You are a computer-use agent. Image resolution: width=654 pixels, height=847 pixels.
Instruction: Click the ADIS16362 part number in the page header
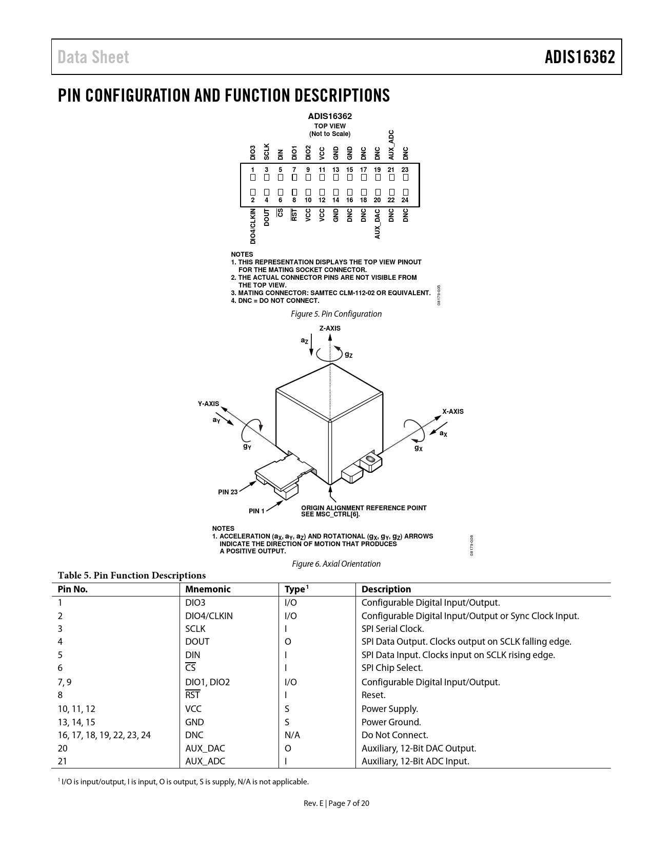[580, 57]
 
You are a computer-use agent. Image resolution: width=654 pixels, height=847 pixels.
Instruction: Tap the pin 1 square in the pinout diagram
[253, 178]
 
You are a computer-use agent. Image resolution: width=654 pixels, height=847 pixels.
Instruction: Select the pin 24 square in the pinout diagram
[405, 192]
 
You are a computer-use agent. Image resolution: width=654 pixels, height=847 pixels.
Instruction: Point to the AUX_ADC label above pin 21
[391, 145]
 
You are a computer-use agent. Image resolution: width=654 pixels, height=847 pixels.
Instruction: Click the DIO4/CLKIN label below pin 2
[253, 226]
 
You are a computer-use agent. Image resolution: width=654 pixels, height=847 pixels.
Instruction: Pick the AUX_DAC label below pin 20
[378, 223]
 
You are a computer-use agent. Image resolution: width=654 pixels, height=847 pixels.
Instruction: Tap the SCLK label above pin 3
[267, 151]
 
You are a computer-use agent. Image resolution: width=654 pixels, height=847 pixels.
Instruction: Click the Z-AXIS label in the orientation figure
[330, 328]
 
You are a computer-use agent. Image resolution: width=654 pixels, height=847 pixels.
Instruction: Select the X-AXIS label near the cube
[453, 411]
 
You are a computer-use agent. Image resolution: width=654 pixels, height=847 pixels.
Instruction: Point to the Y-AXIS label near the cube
[209, 404]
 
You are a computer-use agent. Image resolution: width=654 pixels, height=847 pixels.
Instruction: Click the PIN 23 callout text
[228, 492]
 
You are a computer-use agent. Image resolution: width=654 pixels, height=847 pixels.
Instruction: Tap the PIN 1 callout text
[256, 511]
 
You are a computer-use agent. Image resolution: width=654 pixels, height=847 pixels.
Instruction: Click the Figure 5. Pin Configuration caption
[336, 314]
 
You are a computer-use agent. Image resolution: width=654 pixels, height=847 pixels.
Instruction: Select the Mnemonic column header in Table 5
[208, 589]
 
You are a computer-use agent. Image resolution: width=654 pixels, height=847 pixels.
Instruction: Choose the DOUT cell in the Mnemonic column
[197, 642]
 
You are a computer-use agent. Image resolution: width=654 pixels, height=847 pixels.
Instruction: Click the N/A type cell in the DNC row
[292, 735]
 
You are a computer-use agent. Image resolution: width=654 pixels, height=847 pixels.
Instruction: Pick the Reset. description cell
[373, 695]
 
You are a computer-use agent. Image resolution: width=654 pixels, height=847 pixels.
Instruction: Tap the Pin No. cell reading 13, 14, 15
[76, 722]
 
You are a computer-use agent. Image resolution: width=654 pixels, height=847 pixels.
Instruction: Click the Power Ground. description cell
[391, 722]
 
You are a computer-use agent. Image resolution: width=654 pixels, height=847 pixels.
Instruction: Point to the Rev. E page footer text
[336, 803]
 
